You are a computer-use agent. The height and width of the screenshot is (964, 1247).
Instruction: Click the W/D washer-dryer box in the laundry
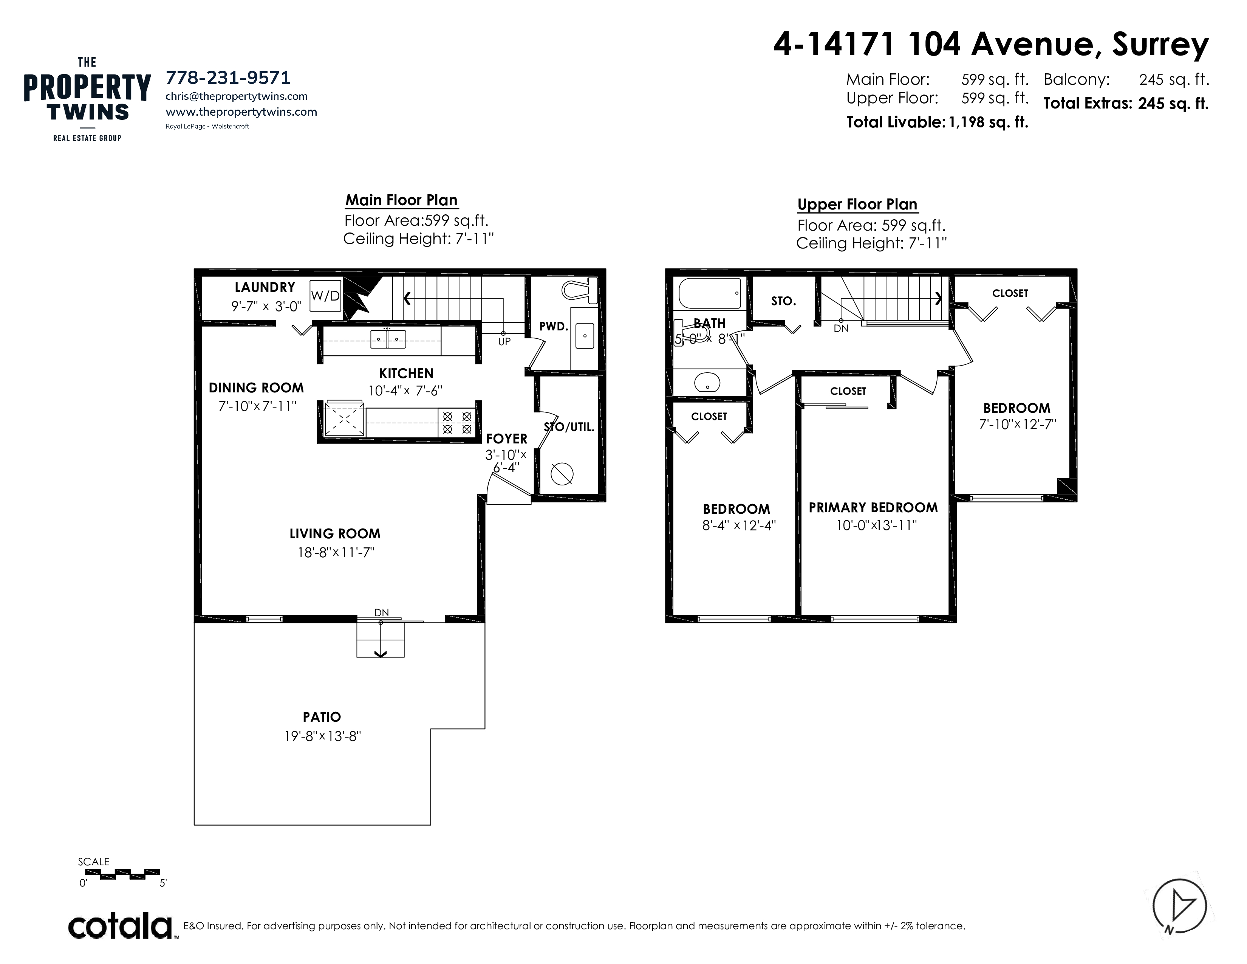325,295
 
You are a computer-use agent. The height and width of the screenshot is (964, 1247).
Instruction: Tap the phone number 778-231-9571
228,77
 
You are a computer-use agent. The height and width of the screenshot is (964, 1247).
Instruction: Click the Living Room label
335,533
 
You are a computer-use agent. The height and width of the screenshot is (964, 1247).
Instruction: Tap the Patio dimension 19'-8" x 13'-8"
323,736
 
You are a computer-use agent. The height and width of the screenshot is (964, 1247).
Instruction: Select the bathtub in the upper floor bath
710,293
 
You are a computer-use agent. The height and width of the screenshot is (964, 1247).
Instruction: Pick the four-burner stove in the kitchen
457,423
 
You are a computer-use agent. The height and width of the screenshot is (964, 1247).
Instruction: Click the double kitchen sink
388,339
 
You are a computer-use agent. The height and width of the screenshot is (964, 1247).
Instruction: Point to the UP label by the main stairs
504,341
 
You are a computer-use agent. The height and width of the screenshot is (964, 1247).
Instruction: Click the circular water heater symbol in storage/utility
562,473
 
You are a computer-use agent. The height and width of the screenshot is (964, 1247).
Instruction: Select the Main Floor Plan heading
401,200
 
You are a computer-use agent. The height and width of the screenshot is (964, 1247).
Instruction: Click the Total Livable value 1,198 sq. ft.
989,122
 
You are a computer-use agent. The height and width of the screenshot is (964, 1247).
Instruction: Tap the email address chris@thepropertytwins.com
237,96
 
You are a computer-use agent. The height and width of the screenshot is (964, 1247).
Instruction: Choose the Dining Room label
256,388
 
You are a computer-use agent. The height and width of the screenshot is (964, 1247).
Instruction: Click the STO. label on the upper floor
783,301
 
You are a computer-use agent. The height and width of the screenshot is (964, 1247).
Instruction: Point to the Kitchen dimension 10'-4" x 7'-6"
406,391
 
